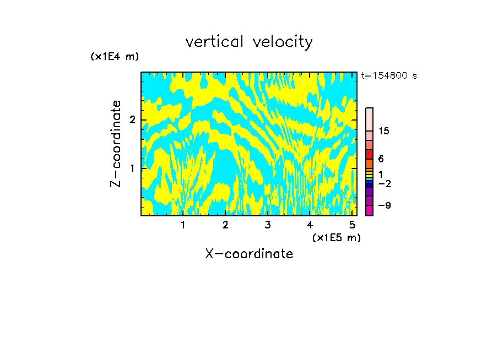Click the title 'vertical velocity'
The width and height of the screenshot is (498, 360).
pos(249,42)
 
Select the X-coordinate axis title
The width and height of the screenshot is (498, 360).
pos(249,254)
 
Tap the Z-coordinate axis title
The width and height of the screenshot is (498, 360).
pos(116,144)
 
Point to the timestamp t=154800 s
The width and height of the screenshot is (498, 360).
pos(389,75)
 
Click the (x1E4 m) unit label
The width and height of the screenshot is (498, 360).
pos(115,56)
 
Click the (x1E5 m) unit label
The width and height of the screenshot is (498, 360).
pos(336,237)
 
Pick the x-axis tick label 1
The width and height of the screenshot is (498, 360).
pos(183,225)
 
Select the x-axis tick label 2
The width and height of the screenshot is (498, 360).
pos(225,225)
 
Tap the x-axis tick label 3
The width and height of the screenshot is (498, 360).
pos(268,225)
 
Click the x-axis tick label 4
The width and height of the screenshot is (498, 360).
pos(310,225)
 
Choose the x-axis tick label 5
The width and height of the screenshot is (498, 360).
pos(352,225)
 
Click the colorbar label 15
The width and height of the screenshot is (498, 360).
pos(384,131)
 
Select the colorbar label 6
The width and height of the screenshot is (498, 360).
pos(381,159)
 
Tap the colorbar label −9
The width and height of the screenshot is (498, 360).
pos(384,205)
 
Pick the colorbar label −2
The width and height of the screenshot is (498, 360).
pos(384,183)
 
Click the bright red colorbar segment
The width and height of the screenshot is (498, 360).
pos(369,154)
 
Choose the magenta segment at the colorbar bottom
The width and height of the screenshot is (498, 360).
pos(369,210)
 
